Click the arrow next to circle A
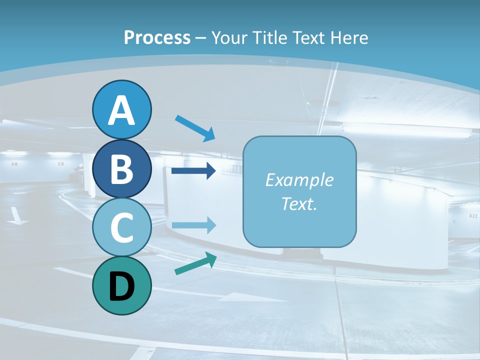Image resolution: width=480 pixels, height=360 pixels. [195, 128]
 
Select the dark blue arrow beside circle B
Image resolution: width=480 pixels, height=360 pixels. [193, 171]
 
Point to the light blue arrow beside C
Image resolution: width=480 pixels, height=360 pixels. [193, 225]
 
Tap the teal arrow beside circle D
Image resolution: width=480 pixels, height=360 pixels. [195, 263]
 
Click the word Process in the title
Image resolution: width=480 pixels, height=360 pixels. [157, 37]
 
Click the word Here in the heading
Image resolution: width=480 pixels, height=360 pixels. [350, 37]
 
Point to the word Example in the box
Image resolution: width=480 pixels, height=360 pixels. [299, 180]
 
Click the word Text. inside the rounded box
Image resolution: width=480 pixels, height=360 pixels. [299, 203]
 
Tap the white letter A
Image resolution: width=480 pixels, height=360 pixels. [122, 111]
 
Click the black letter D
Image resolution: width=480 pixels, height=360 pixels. [122, 287]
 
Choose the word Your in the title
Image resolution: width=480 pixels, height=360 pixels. [229, 37]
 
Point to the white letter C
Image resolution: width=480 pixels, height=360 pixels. [122, 228]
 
